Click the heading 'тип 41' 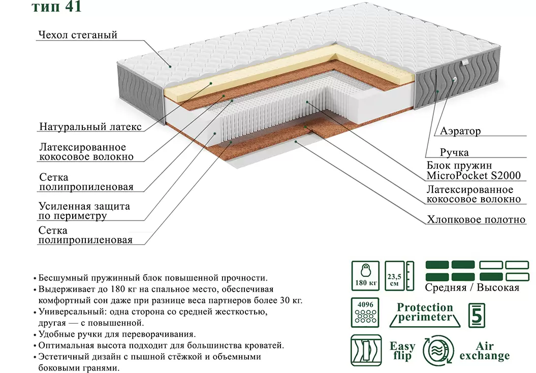[56, 7]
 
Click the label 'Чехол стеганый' [77, 35]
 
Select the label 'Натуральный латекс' [90, 127]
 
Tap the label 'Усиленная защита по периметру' [84, 211]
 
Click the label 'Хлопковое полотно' [476, 220]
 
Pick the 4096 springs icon [365, 312]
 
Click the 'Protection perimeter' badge [425, 313]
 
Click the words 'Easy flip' [402, 351]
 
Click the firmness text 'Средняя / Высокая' [472, 288]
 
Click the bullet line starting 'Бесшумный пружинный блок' [152, 278]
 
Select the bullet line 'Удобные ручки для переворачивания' [117, 334]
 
